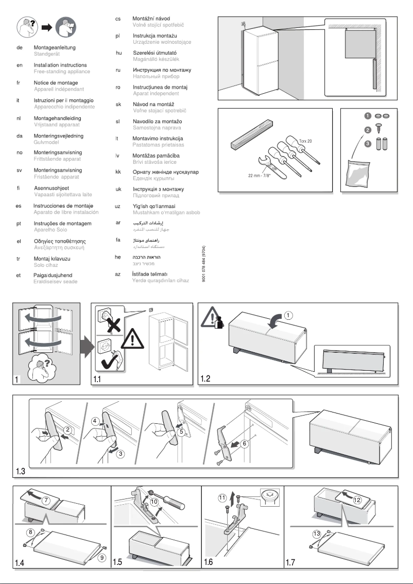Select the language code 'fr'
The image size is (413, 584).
[19, 82]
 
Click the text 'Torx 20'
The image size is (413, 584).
[306, 140]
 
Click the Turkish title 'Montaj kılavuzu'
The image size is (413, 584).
[53, 258]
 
